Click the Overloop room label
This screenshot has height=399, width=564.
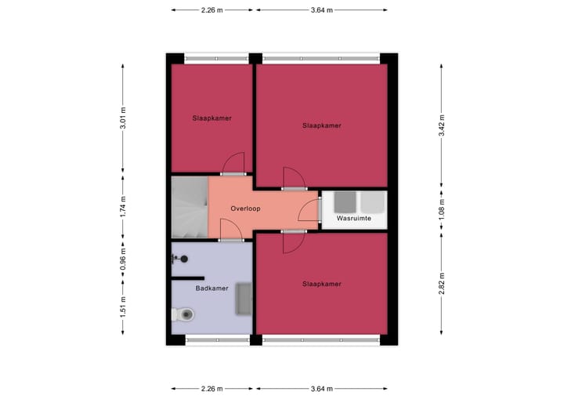245,209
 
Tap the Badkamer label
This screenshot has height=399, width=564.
211,288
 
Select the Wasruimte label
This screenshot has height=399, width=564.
353,219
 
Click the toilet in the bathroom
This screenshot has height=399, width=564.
185,315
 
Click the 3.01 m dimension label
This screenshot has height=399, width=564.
123,118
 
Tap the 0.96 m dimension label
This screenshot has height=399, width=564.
123,259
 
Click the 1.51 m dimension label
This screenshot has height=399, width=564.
123,306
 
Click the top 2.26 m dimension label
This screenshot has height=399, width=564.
211,10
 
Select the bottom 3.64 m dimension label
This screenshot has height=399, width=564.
322,388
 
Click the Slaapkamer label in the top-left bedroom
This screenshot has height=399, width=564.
211,118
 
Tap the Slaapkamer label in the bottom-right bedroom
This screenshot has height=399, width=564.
322,283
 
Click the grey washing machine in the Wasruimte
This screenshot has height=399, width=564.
345,202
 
